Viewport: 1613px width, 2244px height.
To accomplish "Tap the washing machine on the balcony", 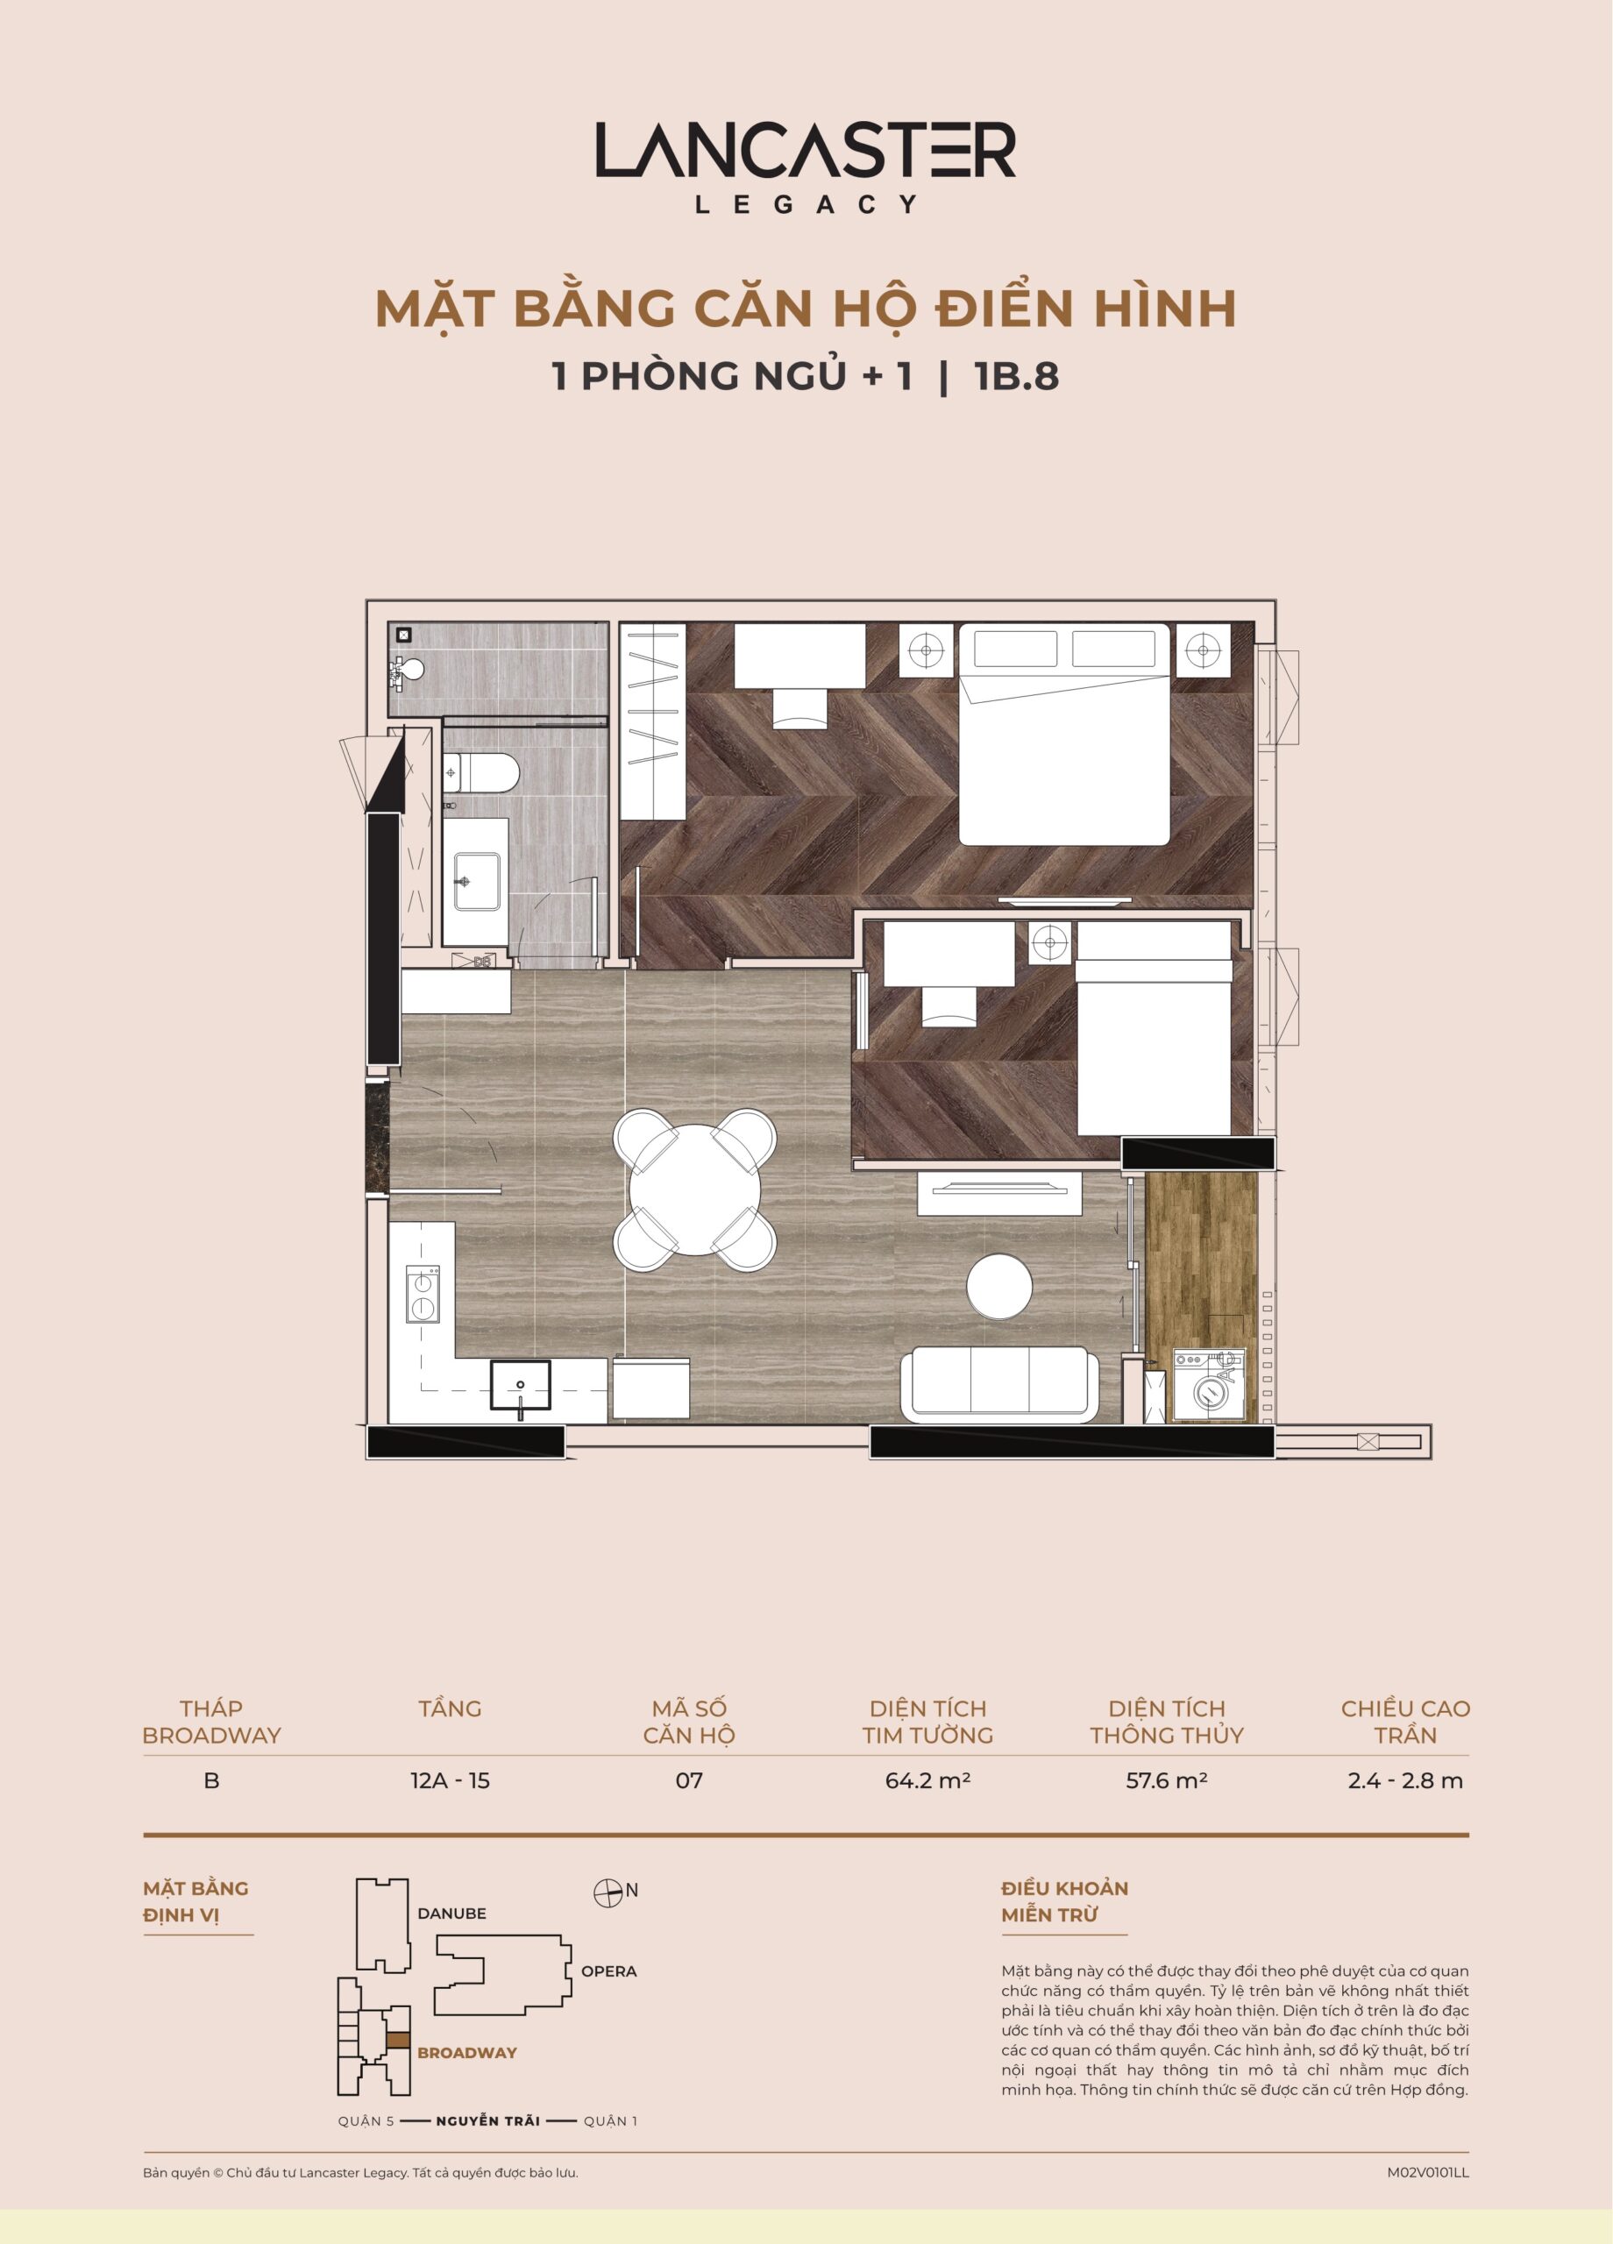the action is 1208,1385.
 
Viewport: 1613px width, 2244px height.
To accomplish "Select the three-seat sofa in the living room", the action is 999,1383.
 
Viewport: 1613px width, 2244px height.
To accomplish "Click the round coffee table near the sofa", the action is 999,1286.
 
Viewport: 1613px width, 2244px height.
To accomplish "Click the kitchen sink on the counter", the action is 521,1384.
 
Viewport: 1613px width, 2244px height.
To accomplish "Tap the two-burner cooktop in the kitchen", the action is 423,1294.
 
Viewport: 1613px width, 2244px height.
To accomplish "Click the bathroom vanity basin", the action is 476,882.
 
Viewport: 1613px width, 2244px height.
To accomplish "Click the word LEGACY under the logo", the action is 806,204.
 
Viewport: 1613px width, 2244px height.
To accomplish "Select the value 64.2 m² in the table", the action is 927,1780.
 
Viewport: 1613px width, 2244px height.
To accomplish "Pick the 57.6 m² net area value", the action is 1167,1780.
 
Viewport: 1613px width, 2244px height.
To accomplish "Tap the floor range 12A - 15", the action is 451,1780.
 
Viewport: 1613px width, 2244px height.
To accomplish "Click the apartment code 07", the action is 689,1780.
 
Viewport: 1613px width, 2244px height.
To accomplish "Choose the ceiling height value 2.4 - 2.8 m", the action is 1405,1780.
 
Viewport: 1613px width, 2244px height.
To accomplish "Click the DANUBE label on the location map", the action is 452,1914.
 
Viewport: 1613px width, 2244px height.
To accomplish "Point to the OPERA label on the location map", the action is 608,1971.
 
